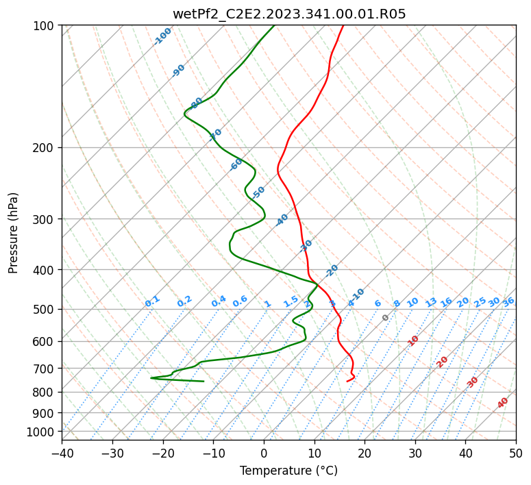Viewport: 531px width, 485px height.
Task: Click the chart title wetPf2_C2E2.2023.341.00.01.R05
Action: click(288, 13)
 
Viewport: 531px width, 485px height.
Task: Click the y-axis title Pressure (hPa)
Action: click(14, 233)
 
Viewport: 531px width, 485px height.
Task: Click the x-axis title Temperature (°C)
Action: click(288, 471)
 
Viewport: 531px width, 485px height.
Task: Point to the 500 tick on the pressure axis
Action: click(45, 309)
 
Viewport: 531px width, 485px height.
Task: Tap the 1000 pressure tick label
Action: click(42, 432)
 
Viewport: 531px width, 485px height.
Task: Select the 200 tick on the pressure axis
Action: click(45, 147)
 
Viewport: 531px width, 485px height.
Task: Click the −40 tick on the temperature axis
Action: click(62, 453)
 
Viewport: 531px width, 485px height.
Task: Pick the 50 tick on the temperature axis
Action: click(516, 453)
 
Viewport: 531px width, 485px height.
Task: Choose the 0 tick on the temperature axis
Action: click(264, 453)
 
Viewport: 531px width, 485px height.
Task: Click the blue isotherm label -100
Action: click(162, 36)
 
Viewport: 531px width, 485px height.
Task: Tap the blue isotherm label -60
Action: click(236, 164)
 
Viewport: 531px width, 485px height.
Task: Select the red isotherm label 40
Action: click(503, 403)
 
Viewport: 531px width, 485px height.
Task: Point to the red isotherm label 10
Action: click(413, 340)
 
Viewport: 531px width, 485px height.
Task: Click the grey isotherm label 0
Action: click(386, 318)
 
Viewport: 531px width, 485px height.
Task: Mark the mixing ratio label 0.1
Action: click(152, 301)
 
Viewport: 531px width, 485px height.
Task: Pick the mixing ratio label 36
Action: click(508, 301)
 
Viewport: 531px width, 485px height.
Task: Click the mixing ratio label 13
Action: click(431, 302)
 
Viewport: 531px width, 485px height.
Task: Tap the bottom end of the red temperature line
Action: click(347, 381)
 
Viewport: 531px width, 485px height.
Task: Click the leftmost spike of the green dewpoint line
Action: click(151, 377)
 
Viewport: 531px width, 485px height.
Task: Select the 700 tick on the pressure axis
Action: click(45, 369)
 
